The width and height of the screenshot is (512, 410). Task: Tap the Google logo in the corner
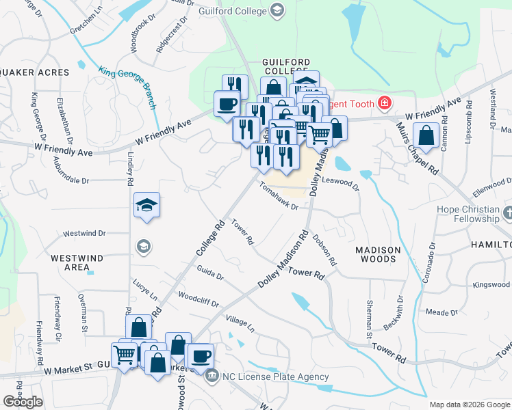pos(23,402)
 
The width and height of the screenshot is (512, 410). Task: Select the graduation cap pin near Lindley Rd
pos(146,205)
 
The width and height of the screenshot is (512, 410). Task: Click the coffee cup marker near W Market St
pos(200,356)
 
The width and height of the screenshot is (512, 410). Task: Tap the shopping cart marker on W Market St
pos(124,354)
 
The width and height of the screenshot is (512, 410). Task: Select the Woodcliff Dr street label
pos(197,299)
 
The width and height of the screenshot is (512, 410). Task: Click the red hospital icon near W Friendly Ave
pos(385,104)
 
